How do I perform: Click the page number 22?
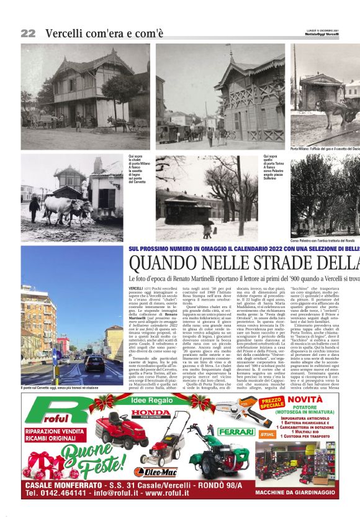28,33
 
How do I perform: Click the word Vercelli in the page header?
66,33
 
